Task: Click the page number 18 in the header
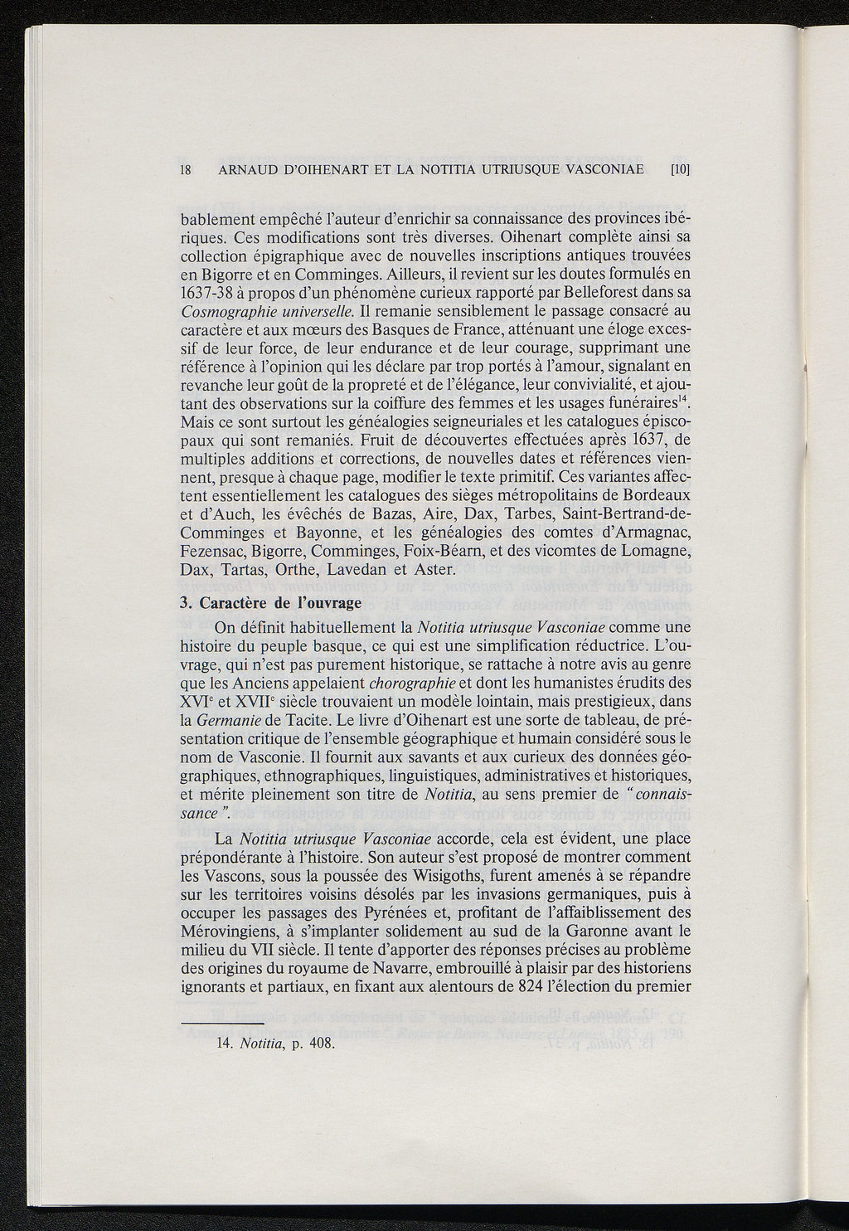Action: click(186, 172)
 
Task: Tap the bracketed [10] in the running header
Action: click(680, 172)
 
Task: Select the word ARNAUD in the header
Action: click(247, 172)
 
